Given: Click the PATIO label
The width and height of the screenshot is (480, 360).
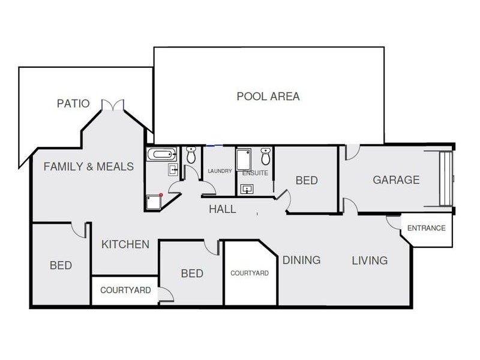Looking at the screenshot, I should [x=73, y=104].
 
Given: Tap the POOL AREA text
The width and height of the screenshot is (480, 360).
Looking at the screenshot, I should [x=268, y=96].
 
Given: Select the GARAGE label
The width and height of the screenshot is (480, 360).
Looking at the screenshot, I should [x=396, y=180].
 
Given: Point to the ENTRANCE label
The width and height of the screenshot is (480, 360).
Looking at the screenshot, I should [x=426, y=228].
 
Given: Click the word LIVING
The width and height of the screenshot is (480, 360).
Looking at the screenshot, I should [x=370, y=260].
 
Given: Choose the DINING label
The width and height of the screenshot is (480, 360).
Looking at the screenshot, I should [x=301, y=260].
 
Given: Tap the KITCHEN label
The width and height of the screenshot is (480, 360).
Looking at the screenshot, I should [x=125, y=244].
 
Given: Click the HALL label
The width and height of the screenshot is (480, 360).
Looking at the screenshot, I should [x=222, y=209].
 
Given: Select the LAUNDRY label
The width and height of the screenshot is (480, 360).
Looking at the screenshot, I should [x=220, y=172].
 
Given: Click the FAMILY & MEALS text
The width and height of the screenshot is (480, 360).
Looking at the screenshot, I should [x=89, y=166].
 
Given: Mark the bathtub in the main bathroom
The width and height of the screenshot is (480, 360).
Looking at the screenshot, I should [x=161, y=155].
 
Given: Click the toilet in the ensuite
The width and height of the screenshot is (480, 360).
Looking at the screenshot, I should [x=266, y=157].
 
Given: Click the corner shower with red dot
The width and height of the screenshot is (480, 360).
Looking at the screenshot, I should [x=154, y=202].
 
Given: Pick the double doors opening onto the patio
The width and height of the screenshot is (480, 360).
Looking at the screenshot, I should [x=112, y=106].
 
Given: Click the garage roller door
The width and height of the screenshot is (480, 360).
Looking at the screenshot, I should [x=445, y=179].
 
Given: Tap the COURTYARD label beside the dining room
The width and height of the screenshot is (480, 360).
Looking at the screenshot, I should [x=250, y=273].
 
